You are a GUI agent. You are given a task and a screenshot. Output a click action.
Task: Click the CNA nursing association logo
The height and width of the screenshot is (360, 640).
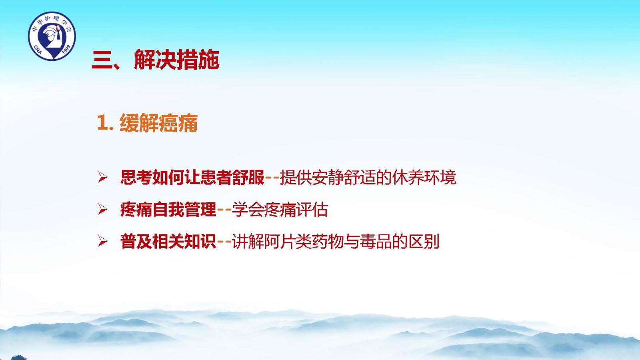tap(52, 36)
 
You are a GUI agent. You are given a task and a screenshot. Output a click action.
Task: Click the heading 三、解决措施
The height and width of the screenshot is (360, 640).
tap(156, 60)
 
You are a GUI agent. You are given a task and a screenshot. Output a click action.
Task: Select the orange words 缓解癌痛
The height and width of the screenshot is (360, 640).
tap(158, 123)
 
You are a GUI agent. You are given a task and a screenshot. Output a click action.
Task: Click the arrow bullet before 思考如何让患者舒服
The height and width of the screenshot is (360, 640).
tap(102, 178)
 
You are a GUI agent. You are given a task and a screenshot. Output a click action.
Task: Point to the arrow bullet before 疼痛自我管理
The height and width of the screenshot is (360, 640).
tap(102, 210)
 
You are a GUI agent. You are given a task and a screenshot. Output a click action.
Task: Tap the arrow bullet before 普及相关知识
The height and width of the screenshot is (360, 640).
tap(102, 242)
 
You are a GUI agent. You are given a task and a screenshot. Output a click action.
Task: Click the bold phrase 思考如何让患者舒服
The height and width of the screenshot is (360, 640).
tap(192, 178)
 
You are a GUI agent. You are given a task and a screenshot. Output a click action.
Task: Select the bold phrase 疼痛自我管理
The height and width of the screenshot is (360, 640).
tap(168, 210)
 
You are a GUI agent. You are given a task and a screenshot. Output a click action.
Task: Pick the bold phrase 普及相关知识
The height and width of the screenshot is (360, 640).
tap(168, 242)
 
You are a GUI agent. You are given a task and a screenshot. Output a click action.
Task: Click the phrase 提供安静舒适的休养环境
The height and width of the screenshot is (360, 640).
tap(368, 178)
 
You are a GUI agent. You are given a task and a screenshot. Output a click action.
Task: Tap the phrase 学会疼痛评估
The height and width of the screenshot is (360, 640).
tap(280, 210)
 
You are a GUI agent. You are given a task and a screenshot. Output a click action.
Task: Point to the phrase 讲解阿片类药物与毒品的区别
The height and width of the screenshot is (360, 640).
tap(336, 242)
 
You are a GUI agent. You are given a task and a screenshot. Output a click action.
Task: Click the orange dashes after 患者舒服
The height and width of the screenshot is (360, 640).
tap(272, 178)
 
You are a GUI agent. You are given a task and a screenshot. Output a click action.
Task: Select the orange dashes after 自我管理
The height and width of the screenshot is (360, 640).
tap(224, 210)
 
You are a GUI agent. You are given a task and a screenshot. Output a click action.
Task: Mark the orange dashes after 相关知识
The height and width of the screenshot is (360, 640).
tap(224, 242)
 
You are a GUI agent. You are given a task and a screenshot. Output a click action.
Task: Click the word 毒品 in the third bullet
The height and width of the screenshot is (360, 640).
tap(376, 242)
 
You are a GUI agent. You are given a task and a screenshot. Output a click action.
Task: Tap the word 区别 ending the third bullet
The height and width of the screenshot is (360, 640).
tap(424, 242)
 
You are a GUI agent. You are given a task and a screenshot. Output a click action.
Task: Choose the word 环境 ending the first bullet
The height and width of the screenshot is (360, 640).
tap(440, 178)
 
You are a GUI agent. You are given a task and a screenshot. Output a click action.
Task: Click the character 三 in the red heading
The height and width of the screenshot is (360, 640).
tap(102, 60)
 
